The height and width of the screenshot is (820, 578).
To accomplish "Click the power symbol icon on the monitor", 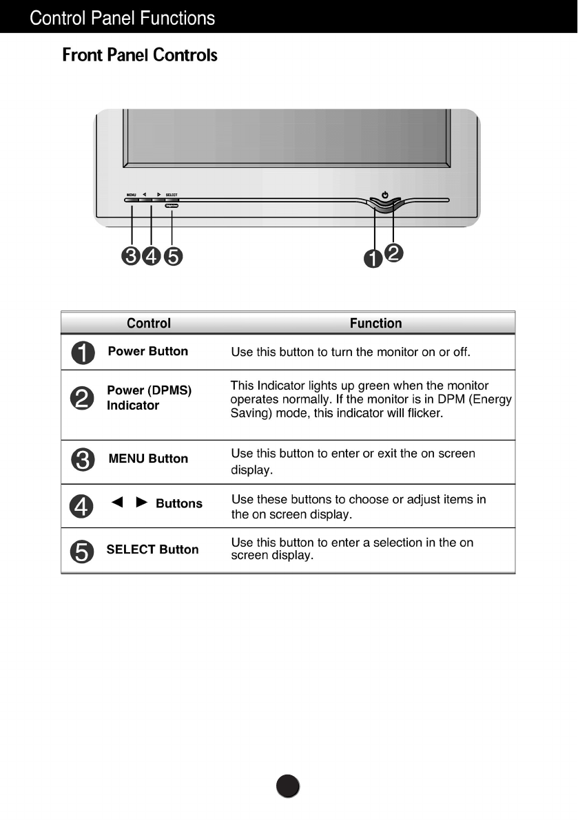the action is click(385, 195).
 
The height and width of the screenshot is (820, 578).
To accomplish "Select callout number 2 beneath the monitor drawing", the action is click(394, 253).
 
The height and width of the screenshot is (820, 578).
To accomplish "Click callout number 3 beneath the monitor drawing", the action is click(130, 256).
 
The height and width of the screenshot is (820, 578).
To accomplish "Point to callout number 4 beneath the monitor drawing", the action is click(151, 256).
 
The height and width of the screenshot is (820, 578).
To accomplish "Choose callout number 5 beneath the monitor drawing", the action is click(173, 256).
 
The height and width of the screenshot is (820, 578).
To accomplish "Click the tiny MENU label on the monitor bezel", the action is click(131, 195).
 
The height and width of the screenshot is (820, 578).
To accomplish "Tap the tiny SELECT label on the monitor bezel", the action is click(172, 195).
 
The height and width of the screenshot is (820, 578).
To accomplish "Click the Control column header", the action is click(149, 323).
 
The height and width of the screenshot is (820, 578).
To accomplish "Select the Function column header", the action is click(375, 323).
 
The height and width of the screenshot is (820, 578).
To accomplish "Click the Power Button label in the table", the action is click(148, 351).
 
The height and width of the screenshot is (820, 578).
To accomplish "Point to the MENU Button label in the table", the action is click(148, 459).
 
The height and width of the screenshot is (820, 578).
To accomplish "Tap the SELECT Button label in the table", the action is click(152, 549).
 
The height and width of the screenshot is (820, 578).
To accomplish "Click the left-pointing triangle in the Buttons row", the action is click(117, 503).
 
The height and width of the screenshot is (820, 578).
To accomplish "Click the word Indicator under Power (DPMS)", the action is click(133, 406).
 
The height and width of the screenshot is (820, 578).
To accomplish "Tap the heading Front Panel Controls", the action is click(140, 55).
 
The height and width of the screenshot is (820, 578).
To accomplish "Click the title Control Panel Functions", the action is click(123, 18).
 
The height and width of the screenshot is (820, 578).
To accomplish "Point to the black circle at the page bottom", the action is click(289, 786).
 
